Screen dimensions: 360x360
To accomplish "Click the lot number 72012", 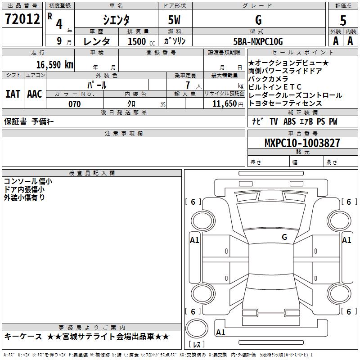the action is click(22, 19).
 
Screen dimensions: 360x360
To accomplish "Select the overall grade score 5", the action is click(343, 20).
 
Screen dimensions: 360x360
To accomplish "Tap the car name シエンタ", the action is click(116, 20).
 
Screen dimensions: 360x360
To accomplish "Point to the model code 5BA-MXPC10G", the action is click(258, 41).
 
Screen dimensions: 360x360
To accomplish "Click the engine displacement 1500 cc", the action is click(137, 41).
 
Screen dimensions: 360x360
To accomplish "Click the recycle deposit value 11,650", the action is click(224, 104).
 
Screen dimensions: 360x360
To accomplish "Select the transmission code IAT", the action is click(13, 94).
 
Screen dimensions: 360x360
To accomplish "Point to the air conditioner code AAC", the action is click(34, 94).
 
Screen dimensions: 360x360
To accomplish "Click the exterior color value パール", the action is click(97, 85).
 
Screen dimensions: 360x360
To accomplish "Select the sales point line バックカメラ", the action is click(268, 79).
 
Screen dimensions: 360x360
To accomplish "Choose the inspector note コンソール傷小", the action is click(27, 181).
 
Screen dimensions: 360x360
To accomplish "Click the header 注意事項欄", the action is click(123, 134).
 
